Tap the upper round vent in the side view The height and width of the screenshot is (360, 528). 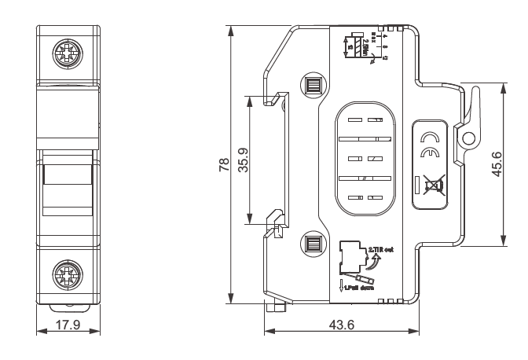[312, 85]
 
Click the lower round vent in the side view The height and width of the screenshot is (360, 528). [312, 244]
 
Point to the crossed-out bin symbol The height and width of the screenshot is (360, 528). [432, 186]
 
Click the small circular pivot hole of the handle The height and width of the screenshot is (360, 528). [469, 138]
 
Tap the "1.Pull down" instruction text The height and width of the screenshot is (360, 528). [357, 289]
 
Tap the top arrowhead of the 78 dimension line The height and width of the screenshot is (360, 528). [229, 30]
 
